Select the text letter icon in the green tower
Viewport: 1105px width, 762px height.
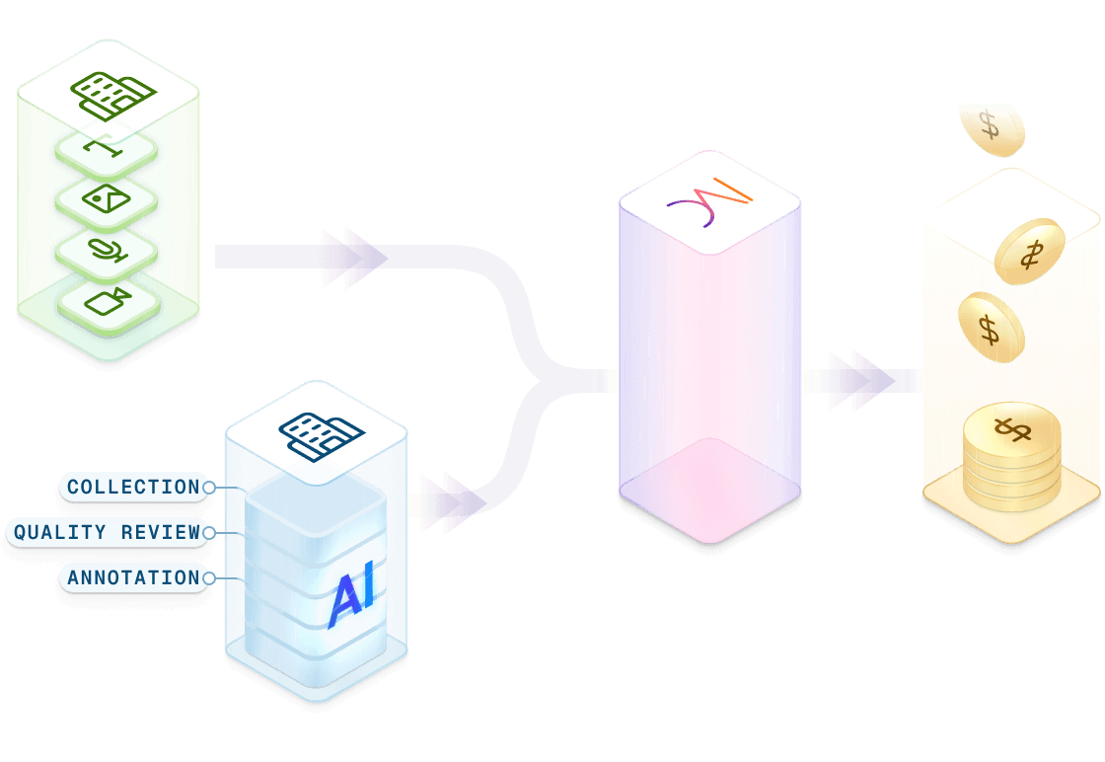107,149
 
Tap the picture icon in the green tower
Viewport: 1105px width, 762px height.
107,199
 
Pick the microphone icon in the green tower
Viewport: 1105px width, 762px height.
107,250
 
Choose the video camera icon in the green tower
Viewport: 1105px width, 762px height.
107,300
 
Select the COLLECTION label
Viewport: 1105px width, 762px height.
133,487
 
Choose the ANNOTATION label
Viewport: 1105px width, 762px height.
133,577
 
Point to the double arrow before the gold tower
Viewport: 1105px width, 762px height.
859,380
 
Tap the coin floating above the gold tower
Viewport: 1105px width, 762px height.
991,127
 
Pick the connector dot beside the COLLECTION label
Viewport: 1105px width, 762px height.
208,487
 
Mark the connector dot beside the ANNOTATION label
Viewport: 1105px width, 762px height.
208,577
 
